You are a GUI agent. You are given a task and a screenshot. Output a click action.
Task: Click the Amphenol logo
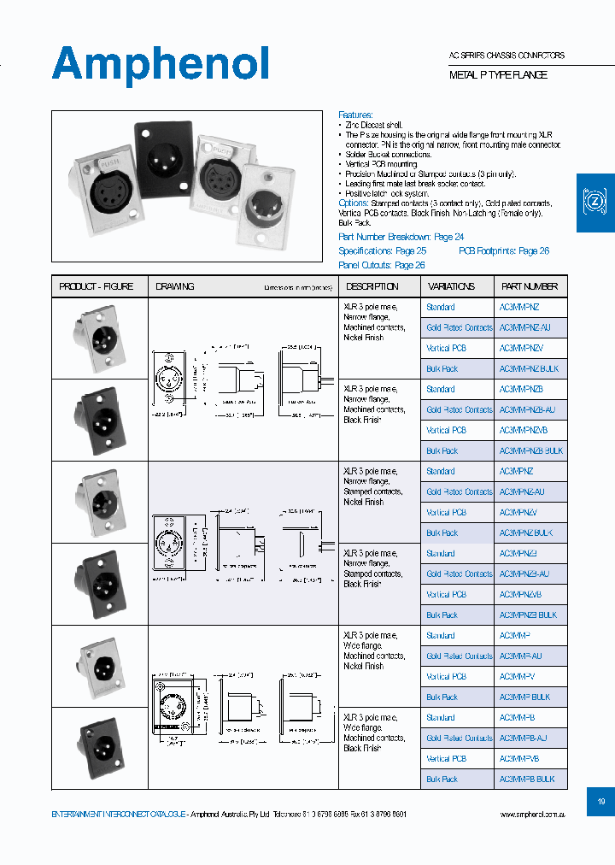(x=161, y=64)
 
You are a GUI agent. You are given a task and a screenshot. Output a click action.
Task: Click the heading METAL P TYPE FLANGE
(x=498, y=75)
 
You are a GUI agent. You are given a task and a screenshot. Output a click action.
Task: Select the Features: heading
(x=355, y=115)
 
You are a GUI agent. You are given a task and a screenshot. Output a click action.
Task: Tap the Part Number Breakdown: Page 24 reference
(x=401, y=237)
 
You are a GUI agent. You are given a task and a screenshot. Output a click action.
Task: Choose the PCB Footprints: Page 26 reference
(x=503, y=251)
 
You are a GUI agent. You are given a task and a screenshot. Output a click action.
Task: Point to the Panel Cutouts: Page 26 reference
(x=381, y=265)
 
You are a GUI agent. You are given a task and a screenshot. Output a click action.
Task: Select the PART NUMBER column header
(x=530, y=286)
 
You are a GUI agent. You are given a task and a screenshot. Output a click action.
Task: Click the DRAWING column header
(x=175, y=286)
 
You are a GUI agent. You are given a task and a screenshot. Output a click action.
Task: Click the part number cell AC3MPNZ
(x=516, y=472)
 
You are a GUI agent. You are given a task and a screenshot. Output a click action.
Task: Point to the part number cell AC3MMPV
(x=516, y=677)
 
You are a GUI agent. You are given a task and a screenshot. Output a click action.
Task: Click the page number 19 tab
(x=600, y=802)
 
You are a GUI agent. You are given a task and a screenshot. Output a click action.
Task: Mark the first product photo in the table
(x=99, y=338)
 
